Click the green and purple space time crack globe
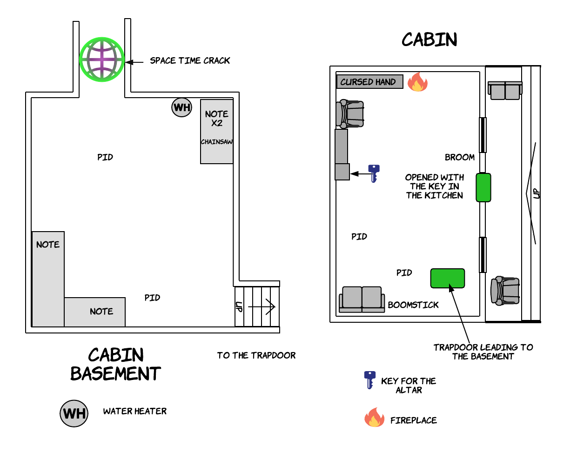pyautogui.click(x=102, y=60)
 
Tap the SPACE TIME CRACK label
pyautogui.click(x=190, y=61)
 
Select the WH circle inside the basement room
pyautogui.click(x=182, y=107)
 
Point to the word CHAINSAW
pyautogui.click(x=217, y=142)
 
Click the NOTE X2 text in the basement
pyautogui.click(x=217, y=119)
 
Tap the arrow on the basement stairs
pyautogui.click(x=262, y=306)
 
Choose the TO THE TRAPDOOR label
pyautogui.click(x=256, y=355)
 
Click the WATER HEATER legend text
pyautogui.click(x=135, y=411)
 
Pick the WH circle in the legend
pyautogui.click(x=74, y=413)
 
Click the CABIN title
pyautogui.click(x=429, y=40)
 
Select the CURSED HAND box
pyautogui.click(x=370, y=81)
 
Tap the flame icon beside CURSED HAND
pyautogui.click(x=417, y=82)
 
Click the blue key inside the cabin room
pyautogui.click(x=374, y=173)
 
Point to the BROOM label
pyautogui.click(x=460, y=157)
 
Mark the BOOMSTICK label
pyautogui.click(x=413, y=305)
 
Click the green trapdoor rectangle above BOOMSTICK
pyautogui.click(x=448, y=279)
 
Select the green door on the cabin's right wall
pyautogui.click(x=483, y=187)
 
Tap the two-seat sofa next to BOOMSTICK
pyautogui.click(x=362, y=299)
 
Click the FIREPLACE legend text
pyautogui.click(x=414, y=420)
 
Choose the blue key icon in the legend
pyautogui.click(x=370, y=380)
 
